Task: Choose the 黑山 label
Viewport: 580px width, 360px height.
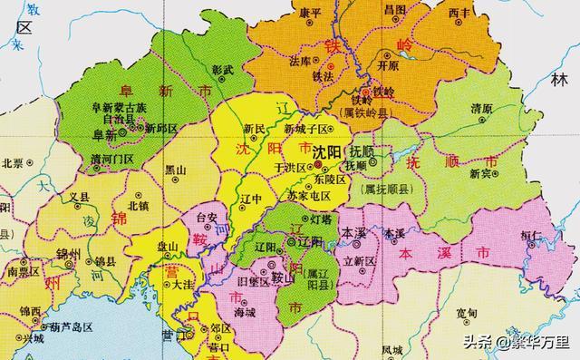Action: (175, 170)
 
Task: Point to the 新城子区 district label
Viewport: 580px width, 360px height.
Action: (306, 129)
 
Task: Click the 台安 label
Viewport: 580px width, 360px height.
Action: (207, 219)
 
